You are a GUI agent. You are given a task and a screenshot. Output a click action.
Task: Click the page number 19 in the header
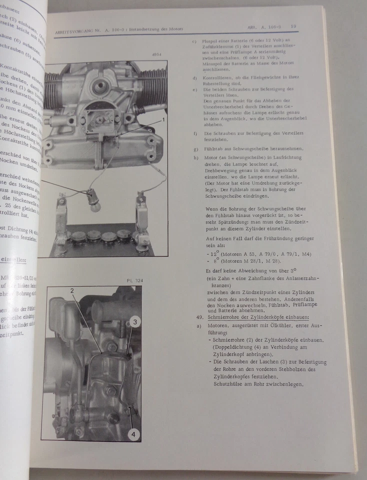[293, 26]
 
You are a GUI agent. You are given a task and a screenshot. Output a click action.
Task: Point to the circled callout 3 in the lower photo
[134, 322]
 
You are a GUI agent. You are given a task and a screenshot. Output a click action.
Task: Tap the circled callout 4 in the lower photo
[132, 434]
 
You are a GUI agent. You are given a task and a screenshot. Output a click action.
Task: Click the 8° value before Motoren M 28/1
[216, 260]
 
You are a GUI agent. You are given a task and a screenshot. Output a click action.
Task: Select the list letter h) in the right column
[194, 158]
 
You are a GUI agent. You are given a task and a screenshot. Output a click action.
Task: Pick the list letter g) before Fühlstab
[194, 149]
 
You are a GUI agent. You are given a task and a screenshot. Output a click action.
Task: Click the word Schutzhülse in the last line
[227, 384]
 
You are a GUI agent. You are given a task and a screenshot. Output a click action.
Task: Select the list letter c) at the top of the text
[194, 41]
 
